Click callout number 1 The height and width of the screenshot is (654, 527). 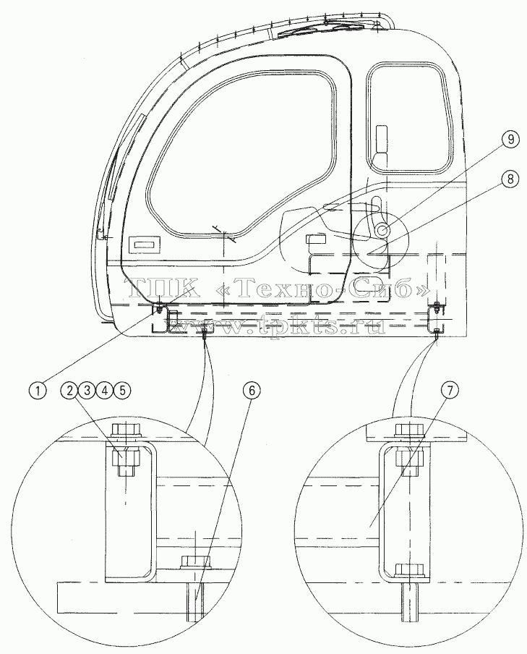click(38, 391)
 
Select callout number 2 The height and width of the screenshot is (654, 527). click(69, 391)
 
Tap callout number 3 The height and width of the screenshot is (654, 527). click(87, 391)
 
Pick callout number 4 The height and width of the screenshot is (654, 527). click(105, 391)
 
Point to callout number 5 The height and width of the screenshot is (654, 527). click(122, 391)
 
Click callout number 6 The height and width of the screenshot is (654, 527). click(252, 391)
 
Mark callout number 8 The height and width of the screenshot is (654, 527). click(510, 179)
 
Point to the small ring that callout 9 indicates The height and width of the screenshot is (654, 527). click(382, 230)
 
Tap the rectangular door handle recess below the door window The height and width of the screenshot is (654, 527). click(145, 245)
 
